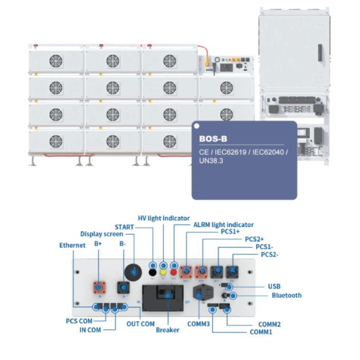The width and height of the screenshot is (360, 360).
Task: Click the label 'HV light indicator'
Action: click(x=164, y=218)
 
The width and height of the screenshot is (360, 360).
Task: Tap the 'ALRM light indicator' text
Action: click(x=223, y=225)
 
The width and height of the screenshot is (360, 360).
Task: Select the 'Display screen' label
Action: click(x=102, y=234)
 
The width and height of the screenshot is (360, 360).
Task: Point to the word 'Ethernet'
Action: click(x=73, y=245)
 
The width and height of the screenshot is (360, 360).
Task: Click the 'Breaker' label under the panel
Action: click(x=168, y=330)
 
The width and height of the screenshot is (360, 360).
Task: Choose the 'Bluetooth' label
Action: click(x=286, y=295)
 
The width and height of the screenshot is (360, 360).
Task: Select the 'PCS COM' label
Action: click(x=78, y=321)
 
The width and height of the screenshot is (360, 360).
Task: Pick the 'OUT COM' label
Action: click(x=140, y=324)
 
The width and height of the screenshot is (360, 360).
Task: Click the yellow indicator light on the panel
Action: click(x=164, y=271)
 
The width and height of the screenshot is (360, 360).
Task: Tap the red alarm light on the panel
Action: click(x=174, y=271)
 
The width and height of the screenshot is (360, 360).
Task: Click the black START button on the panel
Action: click(x=153, y=271)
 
